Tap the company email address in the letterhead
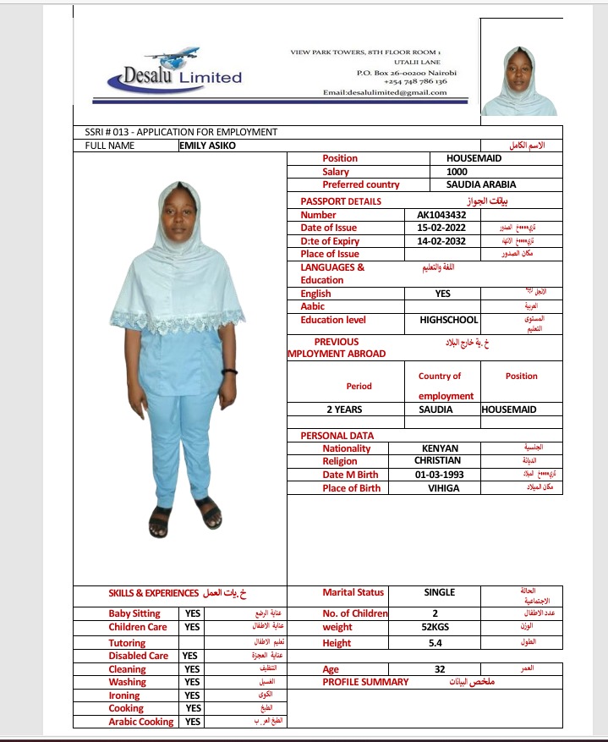tap(385, 92)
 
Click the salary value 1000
tap(457, 172)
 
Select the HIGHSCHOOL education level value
tap(449, 320)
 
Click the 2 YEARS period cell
tap(343, 409)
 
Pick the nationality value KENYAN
tap(440, 448)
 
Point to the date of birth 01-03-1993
tap(438, 475)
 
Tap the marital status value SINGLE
tap(439, 592)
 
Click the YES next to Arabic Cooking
tap(193, 722)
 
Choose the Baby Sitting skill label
tap(134, 613)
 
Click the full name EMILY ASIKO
tap(208, 146)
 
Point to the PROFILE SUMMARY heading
tap(365, 682)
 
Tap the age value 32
tap(440, 669)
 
